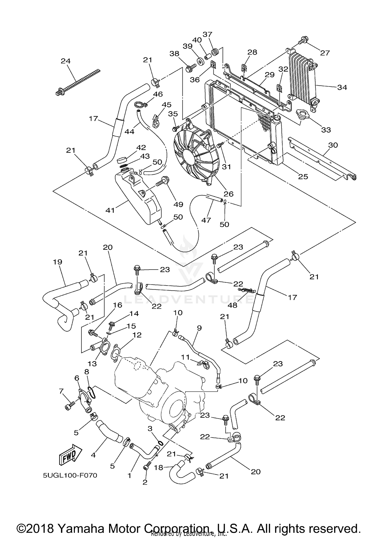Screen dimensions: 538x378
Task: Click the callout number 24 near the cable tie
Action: coord(66,61)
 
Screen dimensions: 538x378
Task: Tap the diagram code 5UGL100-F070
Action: coord(70,476)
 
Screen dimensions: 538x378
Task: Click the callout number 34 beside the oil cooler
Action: coord(342,87)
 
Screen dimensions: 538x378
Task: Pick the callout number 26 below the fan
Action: coord(229,194)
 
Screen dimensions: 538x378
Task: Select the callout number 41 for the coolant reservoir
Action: coord(110,210)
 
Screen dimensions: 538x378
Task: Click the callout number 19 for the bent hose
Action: coord(57,262)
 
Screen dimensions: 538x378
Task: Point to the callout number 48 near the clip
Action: coord(232,305)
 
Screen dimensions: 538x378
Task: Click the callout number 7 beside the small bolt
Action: coord(61,391)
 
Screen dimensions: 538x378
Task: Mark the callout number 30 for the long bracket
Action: coord(333,145)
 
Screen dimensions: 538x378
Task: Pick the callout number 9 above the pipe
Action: coord(199,328)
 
